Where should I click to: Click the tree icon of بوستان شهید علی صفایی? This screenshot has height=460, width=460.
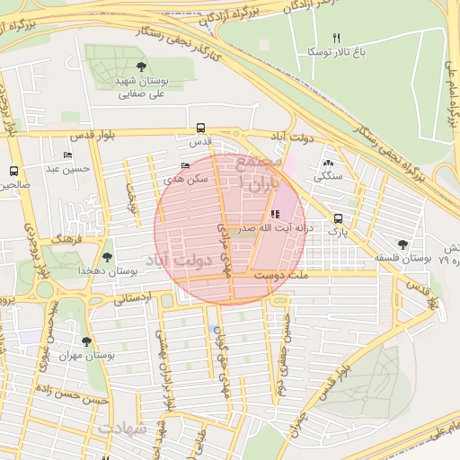point(141,66)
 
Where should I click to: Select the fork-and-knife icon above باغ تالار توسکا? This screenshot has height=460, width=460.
point(337,38)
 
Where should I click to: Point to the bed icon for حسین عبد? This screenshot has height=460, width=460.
point(67,155)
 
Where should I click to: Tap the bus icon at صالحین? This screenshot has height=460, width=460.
point(13,171)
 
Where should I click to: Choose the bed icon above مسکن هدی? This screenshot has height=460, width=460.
point(186,165)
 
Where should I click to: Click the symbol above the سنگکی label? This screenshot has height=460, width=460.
point(327,164)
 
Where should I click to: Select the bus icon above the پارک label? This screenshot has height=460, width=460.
point(338,218)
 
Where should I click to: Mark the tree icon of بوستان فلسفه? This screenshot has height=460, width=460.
point(402,243)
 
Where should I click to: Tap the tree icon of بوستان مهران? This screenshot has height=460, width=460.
point(86,341)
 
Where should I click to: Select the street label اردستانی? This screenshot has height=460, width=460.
point(134,296)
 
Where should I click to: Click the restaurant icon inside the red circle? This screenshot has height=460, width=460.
point(274,214)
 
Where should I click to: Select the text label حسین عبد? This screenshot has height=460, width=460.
point(69,168)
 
